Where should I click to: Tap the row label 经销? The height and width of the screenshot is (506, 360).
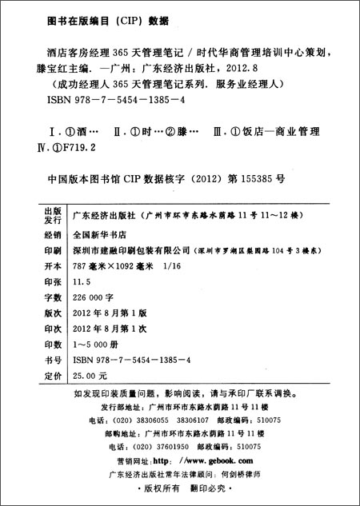coord(51,237)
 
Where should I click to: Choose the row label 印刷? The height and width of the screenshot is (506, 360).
coord(51,251)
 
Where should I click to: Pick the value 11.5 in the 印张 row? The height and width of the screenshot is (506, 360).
coord(82,282)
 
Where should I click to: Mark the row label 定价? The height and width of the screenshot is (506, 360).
coord(51,373)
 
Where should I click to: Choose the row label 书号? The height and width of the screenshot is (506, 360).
coord(51,358)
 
